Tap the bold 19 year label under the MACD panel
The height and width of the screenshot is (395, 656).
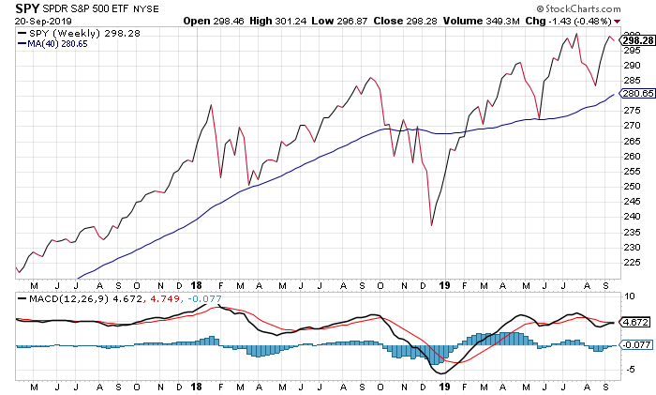[446, 387]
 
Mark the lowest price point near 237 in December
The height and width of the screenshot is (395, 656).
[431, 225]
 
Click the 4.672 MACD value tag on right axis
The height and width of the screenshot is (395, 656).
[634, 322]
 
